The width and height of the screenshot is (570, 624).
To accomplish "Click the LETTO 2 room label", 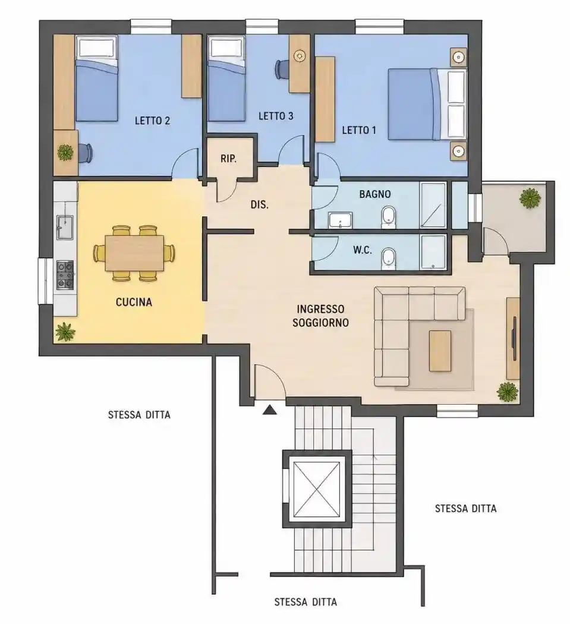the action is click(152, 121).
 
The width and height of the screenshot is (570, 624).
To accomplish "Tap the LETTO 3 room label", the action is click(276, 116).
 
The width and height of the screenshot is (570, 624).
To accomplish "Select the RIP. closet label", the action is click(228, 159).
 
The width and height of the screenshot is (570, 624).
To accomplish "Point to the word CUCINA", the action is click(134, 302).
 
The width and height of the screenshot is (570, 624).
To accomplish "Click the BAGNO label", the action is click(375, 194).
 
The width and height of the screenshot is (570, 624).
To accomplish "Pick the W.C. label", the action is click(362, 250).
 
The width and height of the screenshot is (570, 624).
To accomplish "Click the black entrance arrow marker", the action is click(269, 409).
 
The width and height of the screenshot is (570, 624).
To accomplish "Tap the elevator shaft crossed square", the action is click(317, 489).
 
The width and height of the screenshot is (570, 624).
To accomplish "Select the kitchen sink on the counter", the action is click(65, 227).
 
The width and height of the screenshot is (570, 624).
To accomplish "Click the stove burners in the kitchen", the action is click(65, 275).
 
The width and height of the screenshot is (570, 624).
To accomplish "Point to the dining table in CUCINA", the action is click(134, 253).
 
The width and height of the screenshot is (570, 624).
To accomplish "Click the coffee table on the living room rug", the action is click(440, 351).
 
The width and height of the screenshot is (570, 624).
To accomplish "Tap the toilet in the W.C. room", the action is click(388, 259).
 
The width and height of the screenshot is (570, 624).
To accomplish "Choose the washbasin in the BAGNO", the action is click(340, 220).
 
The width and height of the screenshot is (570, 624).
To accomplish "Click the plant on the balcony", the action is click(530, 197).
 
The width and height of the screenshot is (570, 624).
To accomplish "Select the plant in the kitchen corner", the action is click(65, 332).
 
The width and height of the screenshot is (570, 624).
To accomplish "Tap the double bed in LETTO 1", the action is click(427, 104).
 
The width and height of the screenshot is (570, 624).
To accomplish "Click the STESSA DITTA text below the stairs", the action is click(306, 602).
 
